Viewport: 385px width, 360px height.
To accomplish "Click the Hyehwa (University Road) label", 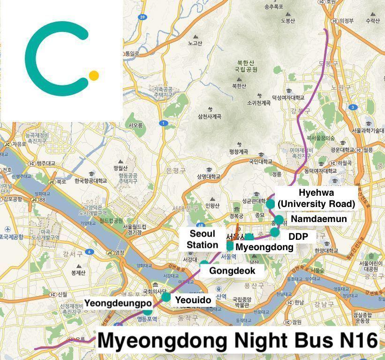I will coord(316,198).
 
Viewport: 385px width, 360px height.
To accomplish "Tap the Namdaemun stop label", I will coord(319,219).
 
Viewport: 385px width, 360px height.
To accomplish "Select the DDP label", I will coord(298,236).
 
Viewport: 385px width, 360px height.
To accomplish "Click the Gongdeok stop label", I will coord(232,270).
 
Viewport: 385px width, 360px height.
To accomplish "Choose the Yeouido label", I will coord(193,299).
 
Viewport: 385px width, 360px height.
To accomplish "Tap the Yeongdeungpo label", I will coord(118,303).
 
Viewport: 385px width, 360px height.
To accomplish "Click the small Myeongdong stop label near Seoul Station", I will coord(264,247).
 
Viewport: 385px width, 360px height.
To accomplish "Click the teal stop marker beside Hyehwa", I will coord(270,204).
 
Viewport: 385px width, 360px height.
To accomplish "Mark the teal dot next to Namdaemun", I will coord(279,219).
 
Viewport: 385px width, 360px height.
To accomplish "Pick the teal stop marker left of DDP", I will coord(274,232).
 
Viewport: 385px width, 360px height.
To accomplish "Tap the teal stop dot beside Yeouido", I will coord(166,297).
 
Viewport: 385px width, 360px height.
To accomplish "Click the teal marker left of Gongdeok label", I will coord(204,264).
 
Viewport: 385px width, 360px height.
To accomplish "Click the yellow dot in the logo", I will coord(94,75).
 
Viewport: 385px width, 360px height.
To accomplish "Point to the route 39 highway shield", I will coord(142,17).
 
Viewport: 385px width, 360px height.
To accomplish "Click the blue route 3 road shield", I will coord(352,107).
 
